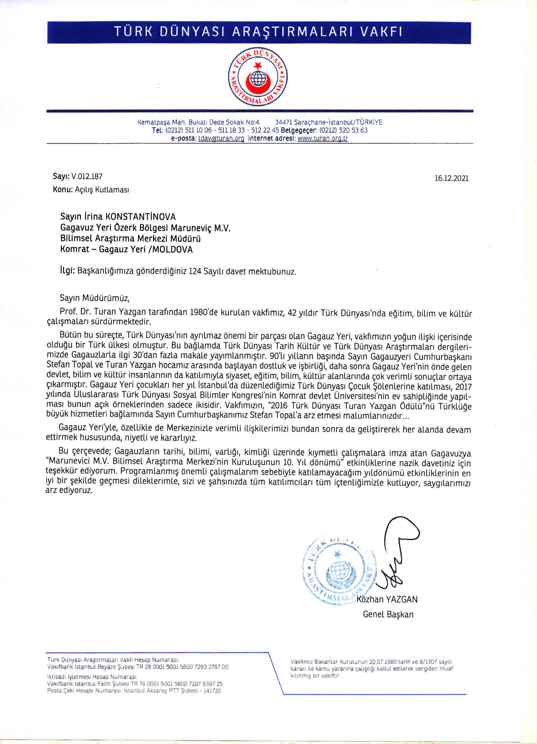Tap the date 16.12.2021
coord(451,178)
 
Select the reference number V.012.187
coord(87,176)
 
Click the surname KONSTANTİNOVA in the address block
coord(140,217)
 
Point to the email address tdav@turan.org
coord(221,138)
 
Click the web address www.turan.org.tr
coord(322,138)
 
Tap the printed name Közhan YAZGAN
coord(387,600)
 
